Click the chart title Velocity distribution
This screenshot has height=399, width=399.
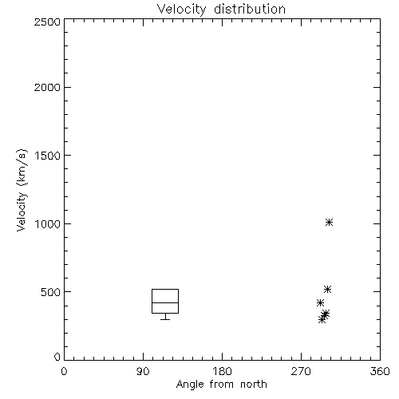(221, 9)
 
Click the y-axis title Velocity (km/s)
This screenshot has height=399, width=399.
(22, 190)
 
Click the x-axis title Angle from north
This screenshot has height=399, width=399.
(221, 384)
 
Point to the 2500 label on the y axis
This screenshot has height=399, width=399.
(47, 22)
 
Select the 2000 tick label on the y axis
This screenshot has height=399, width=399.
(47, 87)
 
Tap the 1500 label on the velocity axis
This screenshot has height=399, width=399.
(48, 156)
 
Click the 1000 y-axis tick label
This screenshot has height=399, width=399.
(48, 224)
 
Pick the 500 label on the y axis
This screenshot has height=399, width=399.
(51, 292)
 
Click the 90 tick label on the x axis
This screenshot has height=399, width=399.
(143, 371)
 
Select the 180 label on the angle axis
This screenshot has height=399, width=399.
(222, 371)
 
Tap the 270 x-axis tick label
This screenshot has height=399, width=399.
(301, 371)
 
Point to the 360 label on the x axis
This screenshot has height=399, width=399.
(380, 371)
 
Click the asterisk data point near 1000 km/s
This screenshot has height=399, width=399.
(329, 222)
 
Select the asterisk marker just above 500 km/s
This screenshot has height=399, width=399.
(327, 289)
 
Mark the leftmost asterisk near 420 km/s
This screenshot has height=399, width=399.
(320, 302)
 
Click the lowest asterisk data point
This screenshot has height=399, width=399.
(322, 319)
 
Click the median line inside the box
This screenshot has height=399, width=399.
(165, 302)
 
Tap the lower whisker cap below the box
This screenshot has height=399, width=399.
(165, 319)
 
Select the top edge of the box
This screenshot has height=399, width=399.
(165, 289)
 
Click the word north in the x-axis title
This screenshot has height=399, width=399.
(254, 384)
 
